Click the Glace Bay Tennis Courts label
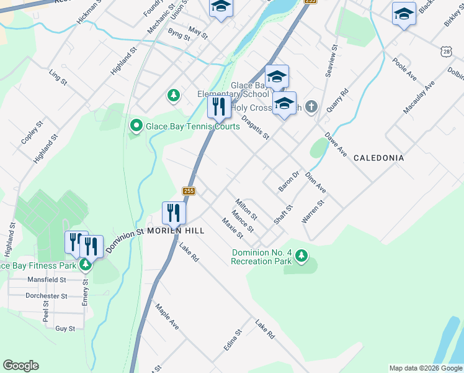pos(192,126)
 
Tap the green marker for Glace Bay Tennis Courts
pos(136,126)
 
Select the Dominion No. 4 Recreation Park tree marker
pos(301,256)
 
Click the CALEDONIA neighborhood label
pos(378,158)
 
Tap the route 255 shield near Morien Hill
pos(189,191)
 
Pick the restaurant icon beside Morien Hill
pos(174,213)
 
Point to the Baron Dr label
pos(288,181)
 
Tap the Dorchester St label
pos(47,296)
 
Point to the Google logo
pos(20,366)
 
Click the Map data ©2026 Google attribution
pos(425,368)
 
